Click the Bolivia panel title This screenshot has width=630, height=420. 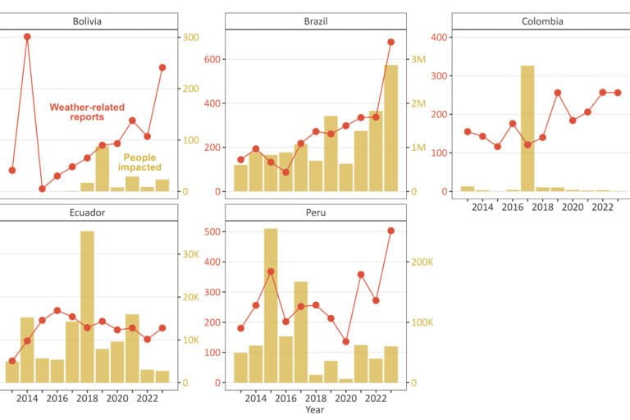pos(86,21)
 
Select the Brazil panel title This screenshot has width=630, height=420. pos(314,21)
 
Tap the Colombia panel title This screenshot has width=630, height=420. pos(542,21)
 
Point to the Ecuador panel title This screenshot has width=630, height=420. pos(86,213)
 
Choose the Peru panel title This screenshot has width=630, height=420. pos(314,213)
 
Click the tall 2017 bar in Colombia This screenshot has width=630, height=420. pos(527,128)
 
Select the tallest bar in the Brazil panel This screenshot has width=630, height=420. pos(391,128)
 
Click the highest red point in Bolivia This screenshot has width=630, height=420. pos(27,37)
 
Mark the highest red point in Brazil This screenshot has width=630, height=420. pos(391,42)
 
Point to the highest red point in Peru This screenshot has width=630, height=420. pos(391,231)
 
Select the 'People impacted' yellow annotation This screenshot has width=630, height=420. pos(142,162)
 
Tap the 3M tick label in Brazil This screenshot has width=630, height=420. pos(418,60)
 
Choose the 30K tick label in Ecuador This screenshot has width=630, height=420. pos(189,254)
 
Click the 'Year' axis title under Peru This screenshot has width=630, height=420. pos(314,409)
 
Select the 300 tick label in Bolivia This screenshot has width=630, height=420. pos(190,37)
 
